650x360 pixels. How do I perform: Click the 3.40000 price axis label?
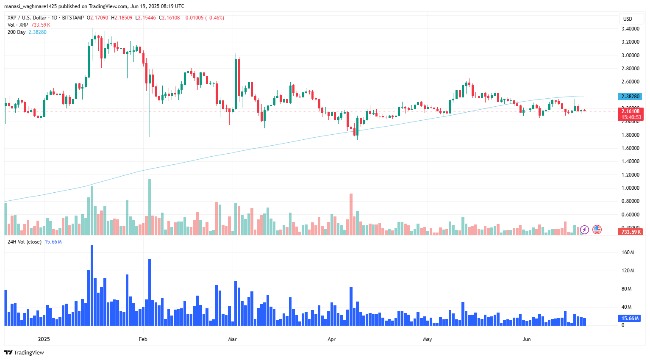pos(630,29)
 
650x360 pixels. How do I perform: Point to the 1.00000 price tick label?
pos(630,188)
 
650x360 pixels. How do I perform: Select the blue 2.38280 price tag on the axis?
pos(630,97)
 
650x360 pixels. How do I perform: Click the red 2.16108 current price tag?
pos(631,111)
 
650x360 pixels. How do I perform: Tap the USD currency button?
pos(628,19)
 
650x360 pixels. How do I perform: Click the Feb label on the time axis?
pos(143,339)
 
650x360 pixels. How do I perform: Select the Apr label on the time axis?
pos(332,339)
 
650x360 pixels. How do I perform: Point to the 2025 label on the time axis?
pos(44,339)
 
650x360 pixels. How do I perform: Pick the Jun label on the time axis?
pos(527,339)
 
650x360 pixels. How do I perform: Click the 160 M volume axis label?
pos(628,252)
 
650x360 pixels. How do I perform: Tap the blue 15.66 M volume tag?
pos(630,318)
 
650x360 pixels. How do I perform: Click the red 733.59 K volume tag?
pos(631,232)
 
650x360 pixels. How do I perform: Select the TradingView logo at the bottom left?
pos(24,352)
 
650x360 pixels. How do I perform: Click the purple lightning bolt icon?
pos(585,230)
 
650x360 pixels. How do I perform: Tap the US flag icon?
pos(597,230)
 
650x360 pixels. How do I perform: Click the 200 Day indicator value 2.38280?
pos(37,32)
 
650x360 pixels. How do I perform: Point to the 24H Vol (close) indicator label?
pos(25,242)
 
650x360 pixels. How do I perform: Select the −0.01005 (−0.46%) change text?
pos(203,18)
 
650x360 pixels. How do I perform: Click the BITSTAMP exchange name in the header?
pos(73,18)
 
